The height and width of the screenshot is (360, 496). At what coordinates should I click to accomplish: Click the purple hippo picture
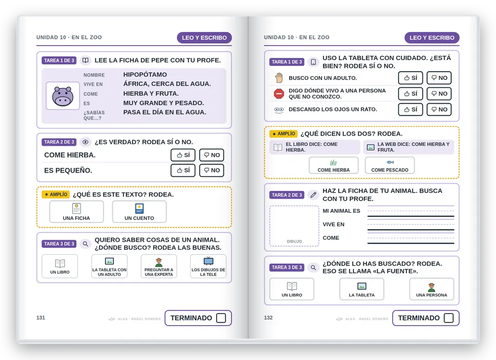[x=62, y=96]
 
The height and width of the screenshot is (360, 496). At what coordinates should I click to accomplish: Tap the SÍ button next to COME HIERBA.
[x=183, y=155]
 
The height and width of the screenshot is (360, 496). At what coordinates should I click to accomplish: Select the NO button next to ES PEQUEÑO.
[x=212, y=170]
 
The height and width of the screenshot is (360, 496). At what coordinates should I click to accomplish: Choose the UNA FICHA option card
[x=77, y=212]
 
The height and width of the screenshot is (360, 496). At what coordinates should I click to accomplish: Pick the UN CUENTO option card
[x=139, y=212]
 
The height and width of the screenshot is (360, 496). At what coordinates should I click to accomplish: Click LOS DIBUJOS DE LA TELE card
[x=208, y=266]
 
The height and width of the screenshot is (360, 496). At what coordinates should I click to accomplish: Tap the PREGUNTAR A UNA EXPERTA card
[x=159, y=266]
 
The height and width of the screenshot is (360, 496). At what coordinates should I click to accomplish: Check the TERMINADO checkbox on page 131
[x=221, y=318]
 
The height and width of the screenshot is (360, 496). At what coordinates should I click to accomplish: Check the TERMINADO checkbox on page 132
[x=449, y=318]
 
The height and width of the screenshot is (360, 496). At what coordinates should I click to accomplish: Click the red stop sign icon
[x=279, y=94]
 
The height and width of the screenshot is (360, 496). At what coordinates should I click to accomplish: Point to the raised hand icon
[x=279, y=78]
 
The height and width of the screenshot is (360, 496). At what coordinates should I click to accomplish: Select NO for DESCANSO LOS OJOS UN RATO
[x=439, y=110]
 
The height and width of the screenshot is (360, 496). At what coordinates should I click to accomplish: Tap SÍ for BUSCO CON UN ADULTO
[x=411, y=78]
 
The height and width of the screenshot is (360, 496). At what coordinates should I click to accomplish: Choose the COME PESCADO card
[x=390, y=165]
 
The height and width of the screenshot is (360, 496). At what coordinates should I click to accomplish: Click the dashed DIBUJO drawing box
[x=294, y=226]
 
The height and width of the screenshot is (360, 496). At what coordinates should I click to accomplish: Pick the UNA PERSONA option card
[x=432, y=289]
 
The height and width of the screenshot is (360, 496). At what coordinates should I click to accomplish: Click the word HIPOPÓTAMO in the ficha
[x=145, y=75]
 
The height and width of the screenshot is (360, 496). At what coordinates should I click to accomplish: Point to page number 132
[x=268, y=318]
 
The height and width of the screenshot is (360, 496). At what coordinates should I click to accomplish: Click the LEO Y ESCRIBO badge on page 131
[x=204, y=38]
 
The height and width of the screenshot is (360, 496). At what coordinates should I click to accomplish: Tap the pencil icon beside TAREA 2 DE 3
[x=313, y=195]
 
